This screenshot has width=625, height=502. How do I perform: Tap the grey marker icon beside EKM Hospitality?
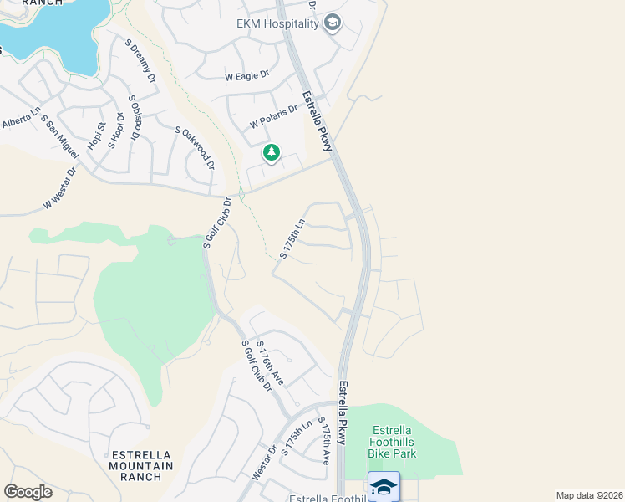(333, 23)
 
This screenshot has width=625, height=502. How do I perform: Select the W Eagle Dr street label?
(247, 75)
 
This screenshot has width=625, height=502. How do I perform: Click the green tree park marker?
(271, 153)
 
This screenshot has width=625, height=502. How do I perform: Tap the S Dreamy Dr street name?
(141, 61)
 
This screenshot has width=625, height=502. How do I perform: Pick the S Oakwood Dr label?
(195, 147)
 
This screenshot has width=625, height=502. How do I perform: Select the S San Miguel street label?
(58, 136)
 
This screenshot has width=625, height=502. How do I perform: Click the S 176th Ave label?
(270, 362)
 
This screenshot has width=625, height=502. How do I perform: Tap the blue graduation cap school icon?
(384, 487)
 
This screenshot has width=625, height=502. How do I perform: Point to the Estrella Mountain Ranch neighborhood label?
(142, 466)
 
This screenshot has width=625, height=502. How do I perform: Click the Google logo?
(28, 492)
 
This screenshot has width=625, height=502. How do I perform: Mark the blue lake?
(58, 29)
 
